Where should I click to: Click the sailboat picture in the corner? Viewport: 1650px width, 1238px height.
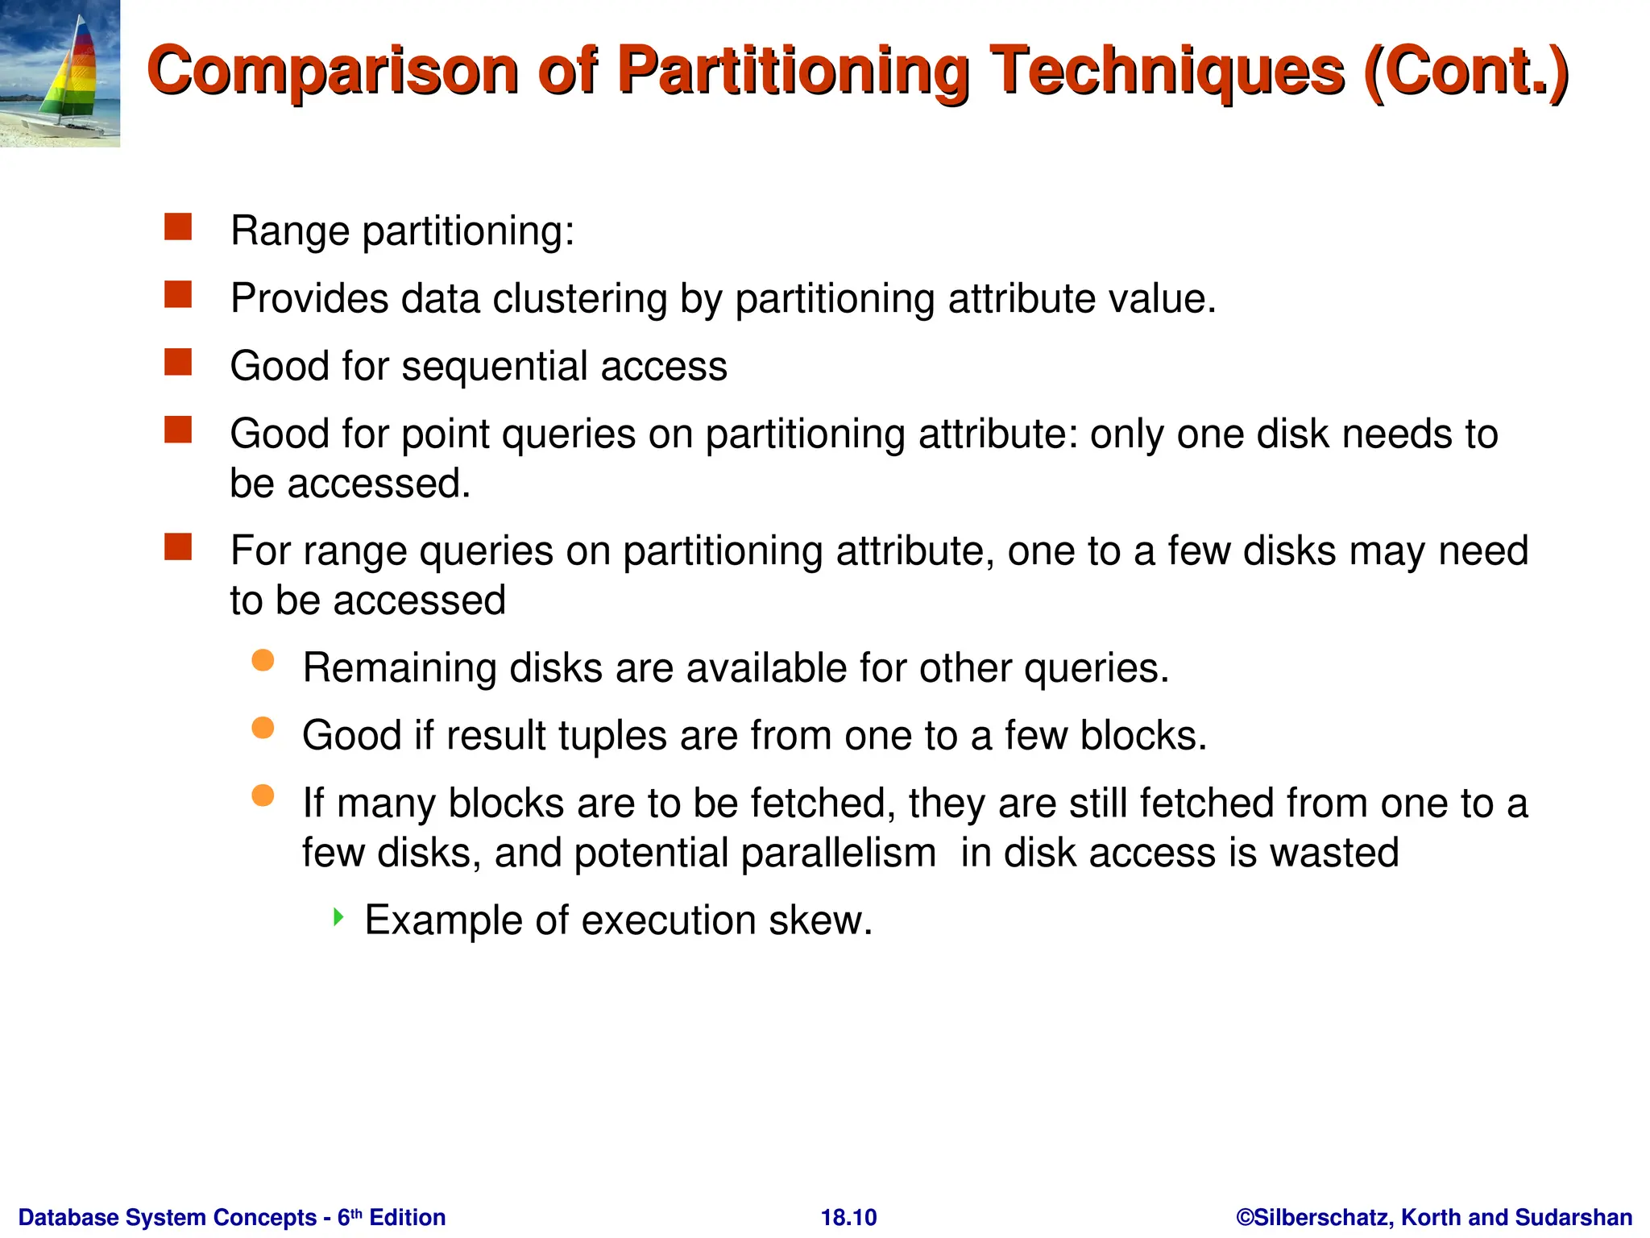click(60, 73)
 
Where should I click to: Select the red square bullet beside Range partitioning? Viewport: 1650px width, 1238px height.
click(178, 227)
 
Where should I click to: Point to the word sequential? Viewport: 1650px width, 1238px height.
click(494, 367)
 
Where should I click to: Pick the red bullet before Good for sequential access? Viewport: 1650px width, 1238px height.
click(178, 363)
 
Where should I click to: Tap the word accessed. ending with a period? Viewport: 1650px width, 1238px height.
click(379, 484)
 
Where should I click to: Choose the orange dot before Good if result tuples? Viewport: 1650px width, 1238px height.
click(263, 729)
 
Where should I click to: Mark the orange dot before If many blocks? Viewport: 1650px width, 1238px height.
click(263, 796)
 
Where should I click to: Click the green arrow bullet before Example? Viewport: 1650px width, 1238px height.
click(338, 916)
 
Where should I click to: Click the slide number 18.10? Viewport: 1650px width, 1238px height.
click(848, 1217)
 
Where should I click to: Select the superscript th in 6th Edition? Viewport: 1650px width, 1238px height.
click(357, 1212)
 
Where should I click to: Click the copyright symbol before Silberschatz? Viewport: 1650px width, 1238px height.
click(1246, 1217)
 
